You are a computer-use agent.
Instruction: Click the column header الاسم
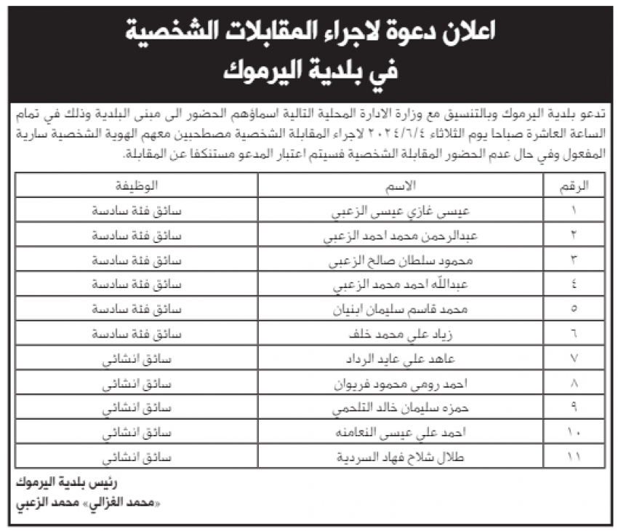(402, 186)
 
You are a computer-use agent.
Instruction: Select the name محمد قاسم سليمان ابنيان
(401, 309)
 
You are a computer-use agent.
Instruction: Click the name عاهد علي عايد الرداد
(401, 359)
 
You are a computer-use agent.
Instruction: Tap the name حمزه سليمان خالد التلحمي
(401, 408)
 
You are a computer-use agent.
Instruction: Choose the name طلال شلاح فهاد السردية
(401, 458)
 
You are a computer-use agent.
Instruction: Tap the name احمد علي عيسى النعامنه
(401, 433)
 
